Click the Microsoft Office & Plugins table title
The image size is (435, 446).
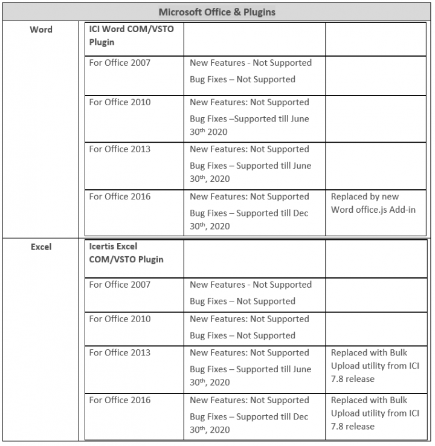coord(216,12)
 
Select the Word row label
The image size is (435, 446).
coord(41,30)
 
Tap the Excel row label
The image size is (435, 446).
coord(41,247)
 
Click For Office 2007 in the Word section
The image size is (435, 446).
coord(120,63)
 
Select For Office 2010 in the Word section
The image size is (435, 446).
coord(120,102)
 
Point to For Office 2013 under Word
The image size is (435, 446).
coord(120,149)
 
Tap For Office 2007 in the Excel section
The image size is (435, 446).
coord(120,285)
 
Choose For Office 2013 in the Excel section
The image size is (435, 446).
coord(120,353)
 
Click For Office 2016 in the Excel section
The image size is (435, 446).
coord(120,400)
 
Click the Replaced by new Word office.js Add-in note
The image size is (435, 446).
coord(373,203)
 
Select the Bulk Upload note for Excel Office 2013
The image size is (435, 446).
coord(375,366)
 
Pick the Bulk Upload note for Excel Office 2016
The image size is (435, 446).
coord(375,413)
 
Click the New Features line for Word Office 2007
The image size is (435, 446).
coord(251,63)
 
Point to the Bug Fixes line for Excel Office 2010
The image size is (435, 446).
coord(242,335)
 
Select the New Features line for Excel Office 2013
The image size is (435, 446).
coord(249,353)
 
